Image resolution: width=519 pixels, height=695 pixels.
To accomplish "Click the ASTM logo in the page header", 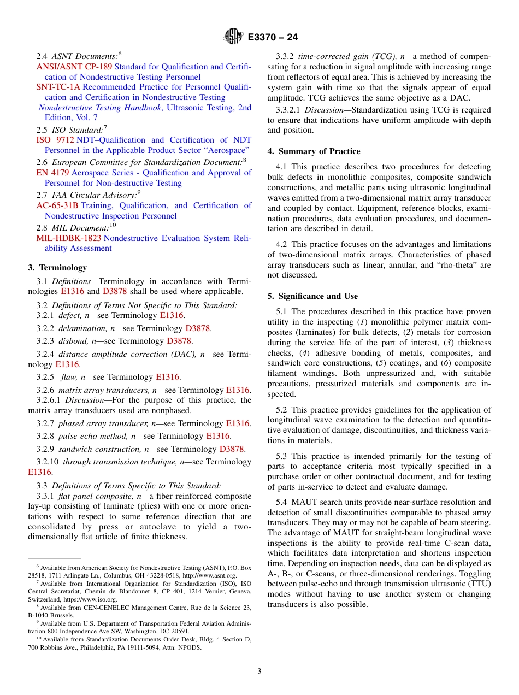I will point(233,37).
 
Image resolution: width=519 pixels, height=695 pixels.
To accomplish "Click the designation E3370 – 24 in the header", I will point(273,38).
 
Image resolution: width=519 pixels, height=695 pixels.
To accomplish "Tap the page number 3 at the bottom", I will point(259,671).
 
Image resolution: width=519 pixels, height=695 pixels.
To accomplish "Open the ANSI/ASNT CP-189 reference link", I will point(70,67).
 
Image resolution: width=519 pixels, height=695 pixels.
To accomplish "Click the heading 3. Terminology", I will point(57,268).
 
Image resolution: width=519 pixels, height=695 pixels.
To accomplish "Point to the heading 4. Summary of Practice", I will point(314,151).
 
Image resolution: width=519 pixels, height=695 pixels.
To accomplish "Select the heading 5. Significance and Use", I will point(312,296).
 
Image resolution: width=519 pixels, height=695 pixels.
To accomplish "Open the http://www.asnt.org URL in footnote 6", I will point(209,575).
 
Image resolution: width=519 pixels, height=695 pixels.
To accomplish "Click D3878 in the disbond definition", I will point(179,341).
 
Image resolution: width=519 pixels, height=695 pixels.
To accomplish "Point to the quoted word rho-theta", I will point(441,265).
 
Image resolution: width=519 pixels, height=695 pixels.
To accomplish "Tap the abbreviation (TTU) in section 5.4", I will point(480,584).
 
